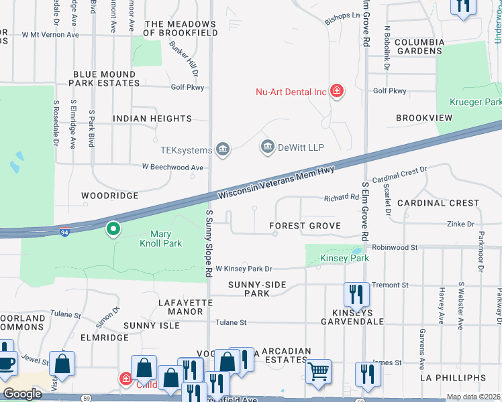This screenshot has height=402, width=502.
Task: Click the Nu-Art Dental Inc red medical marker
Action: click(x=337, y=92)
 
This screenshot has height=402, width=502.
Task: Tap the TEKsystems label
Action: click(x=186, y=150)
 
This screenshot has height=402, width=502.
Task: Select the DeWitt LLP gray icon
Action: click(x=268, y=147)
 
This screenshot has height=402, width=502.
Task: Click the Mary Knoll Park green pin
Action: click(x=113, y=230)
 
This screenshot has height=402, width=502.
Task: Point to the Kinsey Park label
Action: click(x=344, y=258)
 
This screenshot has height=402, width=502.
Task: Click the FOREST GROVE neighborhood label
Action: click(x=305, y=226)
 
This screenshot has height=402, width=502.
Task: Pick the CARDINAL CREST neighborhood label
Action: click(x=438, y=202)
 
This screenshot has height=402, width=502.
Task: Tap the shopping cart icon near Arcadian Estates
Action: click(x=318, y=370)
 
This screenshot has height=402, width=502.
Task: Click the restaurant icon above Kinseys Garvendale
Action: click(x=356, y=293)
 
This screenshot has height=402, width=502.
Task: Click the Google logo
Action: click(x=23, y=394)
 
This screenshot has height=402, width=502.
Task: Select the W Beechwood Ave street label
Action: click(x=172, y=167)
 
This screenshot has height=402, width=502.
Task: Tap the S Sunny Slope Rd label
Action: click(x=209, y=244)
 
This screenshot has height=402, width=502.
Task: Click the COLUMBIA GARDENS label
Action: click(x=419, y=46)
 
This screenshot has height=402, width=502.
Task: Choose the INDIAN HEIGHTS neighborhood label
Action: click(x=152, y=119)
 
